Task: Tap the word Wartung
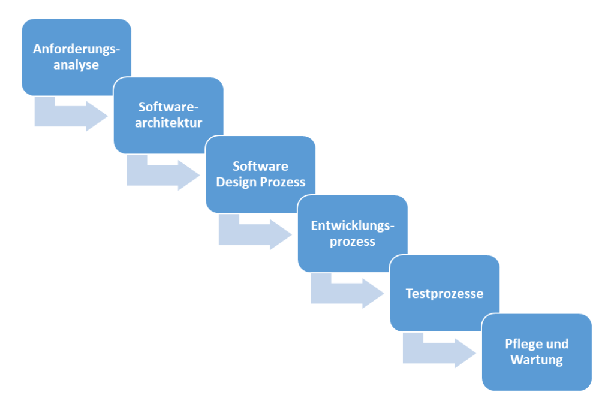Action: click(x=537, y=360)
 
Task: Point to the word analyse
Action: click(x=76, y=65)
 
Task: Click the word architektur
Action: click(x=168, y=123)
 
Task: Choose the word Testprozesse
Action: click(x=444, y=294)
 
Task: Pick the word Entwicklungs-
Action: click(x=353, y=226)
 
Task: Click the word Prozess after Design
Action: click(x=283, y=182)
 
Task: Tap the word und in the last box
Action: click(x=558, y=344)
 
